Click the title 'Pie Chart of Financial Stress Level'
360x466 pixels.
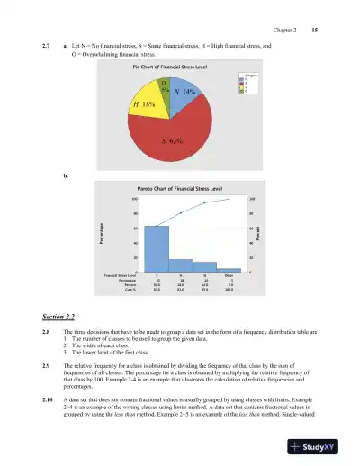172,67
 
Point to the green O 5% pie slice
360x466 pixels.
165,85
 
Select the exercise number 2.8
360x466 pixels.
47,332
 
